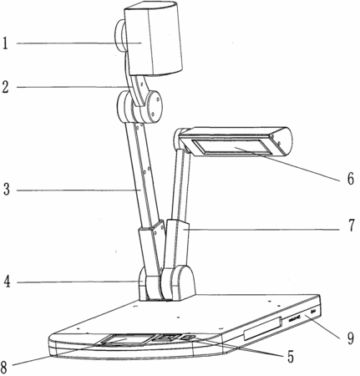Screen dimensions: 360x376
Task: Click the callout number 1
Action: [x=5, y=43]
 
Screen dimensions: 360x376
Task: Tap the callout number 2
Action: [x=6, y=87]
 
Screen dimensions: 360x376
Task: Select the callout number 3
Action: [x=6, y=190]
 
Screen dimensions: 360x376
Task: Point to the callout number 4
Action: [x=7, y=282]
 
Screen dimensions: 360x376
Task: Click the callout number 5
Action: [x=291, y=357]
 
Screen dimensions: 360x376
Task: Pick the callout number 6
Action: [x=350, y=178]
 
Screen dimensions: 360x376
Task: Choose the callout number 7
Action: [x=351, y=226]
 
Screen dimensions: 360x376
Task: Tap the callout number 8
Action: [x=4, y=367]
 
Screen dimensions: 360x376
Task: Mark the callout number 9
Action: [x=350, y=338]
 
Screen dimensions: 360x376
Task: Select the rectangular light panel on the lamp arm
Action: [x=231, y=146]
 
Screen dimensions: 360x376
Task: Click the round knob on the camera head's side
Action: [x=119, y=36]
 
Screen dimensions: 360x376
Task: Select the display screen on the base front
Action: [x=124, y=340]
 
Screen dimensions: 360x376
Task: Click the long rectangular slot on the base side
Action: [x=262, y=328]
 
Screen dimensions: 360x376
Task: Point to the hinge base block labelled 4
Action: [x=166, y=283]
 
